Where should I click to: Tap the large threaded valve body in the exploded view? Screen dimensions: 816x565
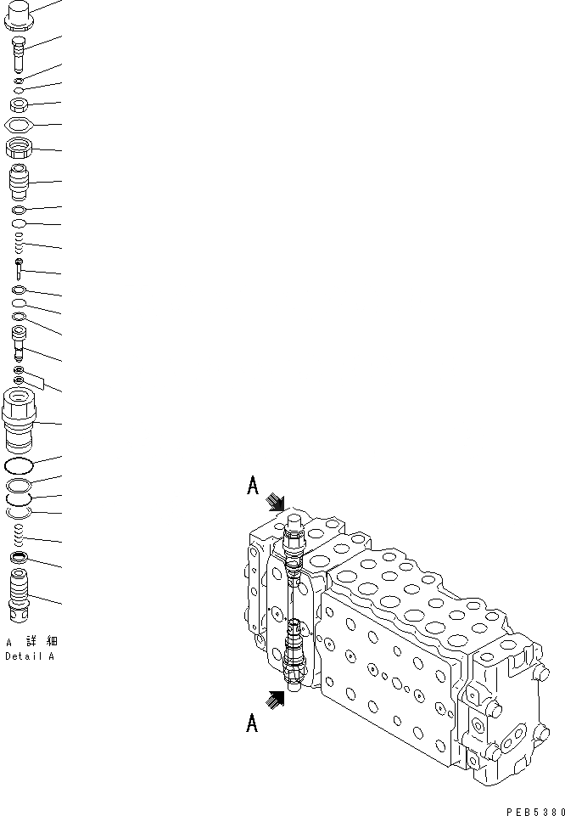pos(20,420)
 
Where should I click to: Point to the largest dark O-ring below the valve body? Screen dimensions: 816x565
pos(20,465)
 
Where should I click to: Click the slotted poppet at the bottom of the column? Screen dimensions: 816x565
pos(20,594)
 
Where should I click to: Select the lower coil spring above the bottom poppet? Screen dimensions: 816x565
pos(20,534)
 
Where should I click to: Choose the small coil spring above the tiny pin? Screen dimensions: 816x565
pos(20,247)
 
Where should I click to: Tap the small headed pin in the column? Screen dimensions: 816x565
pos(19,269)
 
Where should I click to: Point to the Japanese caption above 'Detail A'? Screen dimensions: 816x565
pos(32,642)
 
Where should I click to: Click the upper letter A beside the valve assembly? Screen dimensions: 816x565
pos(252,485)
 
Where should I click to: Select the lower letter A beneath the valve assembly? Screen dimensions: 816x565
pos(252,723)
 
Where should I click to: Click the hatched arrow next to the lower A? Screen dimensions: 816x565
pos(276,700)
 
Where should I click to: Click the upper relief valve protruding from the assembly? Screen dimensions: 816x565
pos(293,539)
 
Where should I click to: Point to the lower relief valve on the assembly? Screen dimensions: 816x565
pos(293,654)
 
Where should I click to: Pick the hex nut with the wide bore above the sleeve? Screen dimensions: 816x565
pos(20,149)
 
